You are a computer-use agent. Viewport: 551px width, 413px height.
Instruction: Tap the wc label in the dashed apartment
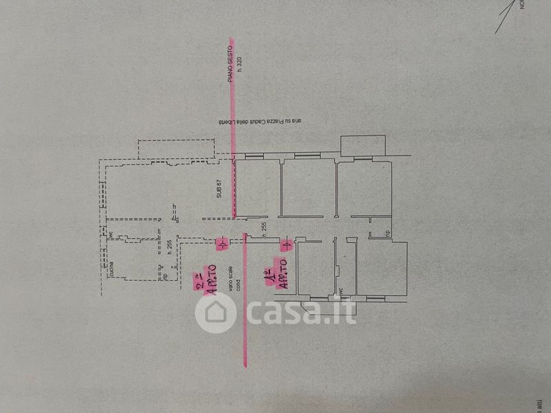pos(110,234)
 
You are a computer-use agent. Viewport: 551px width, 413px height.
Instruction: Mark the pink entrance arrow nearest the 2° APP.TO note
pos(221,244)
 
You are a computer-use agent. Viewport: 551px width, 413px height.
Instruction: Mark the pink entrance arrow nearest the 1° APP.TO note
pos(284,243)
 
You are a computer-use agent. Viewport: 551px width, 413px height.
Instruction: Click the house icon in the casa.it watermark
pos(217,313)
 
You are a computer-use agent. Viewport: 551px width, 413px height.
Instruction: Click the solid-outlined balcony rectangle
pos(363,144)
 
